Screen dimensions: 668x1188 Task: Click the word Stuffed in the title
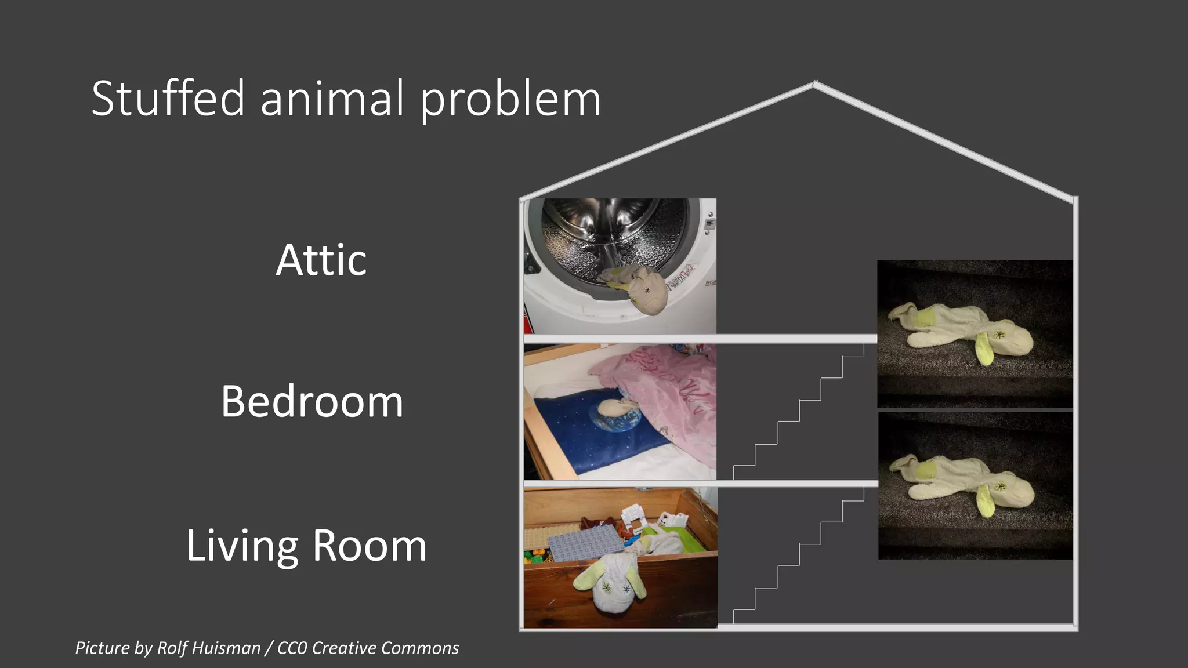tap(168, 99)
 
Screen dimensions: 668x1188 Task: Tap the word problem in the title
tap(510, 99)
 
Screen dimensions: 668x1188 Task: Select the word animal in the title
tap(332, 99)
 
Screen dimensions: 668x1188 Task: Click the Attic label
tap(321, 260)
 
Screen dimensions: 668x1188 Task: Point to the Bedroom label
tap(312, 401)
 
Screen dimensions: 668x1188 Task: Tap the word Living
tap(242, 546)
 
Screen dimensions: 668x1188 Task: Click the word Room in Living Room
tap(370, 546)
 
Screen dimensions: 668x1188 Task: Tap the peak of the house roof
tap(815, 83)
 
